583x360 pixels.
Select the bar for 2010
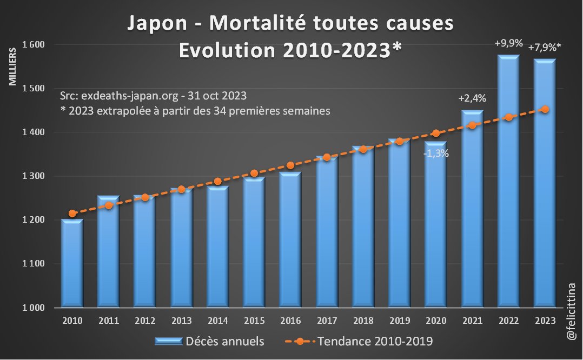72,265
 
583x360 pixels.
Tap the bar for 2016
290,241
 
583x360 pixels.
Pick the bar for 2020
436,227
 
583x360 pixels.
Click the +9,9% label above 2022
508,43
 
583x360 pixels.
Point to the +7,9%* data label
545,46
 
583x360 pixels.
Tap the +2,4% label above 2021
472,99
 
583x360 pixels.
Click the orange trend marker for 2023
545,109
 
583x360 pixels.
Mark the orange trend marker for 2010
72,214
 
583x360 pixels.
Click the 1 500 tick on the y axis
35,88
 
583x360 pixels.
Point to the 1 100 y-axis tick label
35,264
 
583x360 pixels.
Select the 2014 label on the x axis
217,321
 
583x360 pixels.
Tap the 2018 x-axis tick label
363,321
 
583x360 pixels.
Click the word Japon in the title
153,24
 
